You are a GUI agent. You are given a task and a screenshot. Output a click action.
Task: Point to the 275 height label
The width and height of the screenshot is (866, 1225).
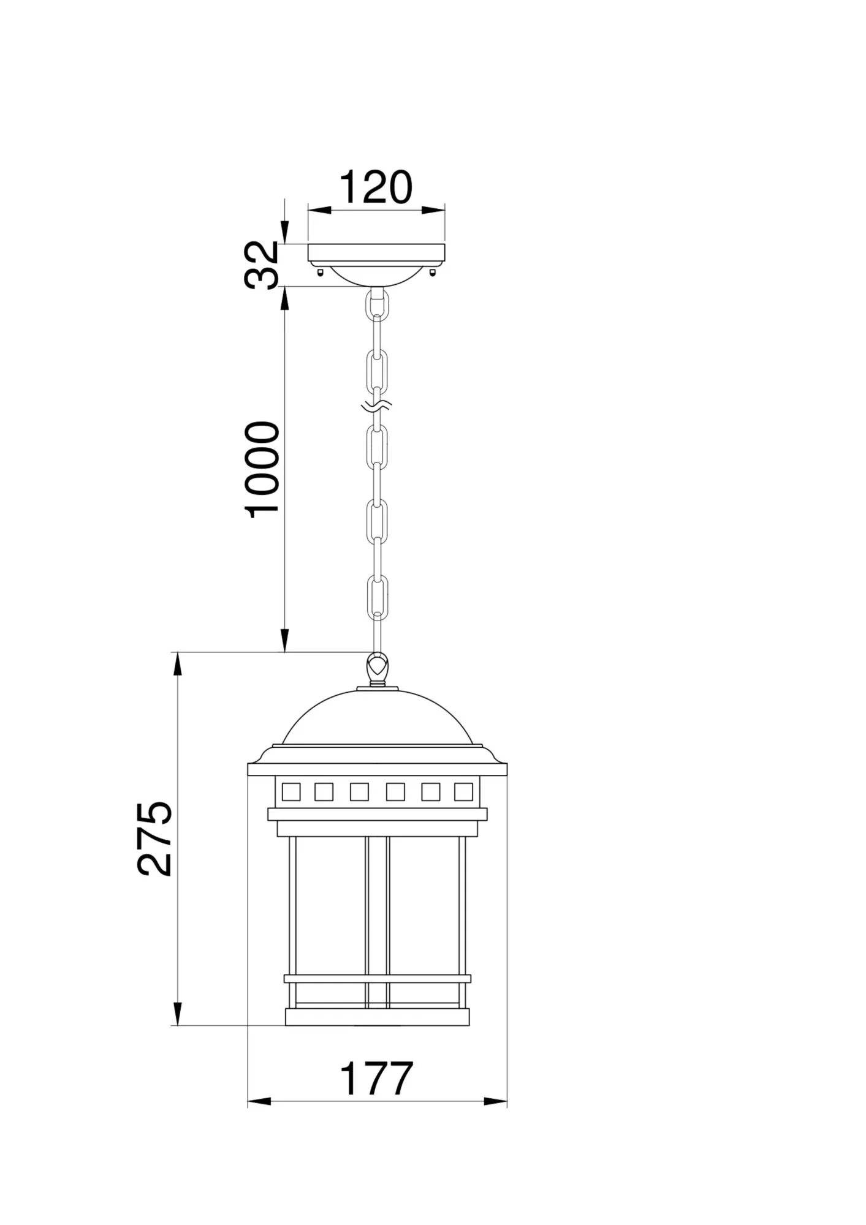[154, 838]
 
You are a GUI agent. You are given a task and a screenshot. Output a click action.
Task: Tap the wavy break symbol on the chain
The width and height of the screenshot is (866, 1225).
[376, 405]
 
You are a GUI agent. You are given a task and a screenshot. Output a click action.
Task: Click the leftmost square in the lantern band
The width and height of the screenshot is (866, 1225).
[291, 792]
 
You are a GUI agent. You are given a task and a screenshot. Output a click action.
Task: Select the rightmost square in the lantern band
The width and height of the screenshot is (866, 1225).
[463, 792]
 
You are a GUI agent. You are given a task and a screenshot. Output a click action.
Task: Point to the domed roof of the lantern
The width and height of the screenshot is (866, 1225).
[378, 720]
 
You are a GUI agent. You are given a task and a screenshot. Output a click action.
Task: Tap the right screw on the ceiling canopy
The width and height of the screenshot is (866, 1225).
[434, 271]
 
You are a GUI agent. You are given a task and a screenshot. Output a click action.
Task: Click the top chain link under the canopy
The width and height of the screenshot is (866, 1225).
[377, 304]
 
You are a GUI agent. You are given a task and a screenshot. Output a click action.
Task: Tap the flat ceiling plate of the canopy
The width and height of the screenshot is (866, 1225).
[377, 252]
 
